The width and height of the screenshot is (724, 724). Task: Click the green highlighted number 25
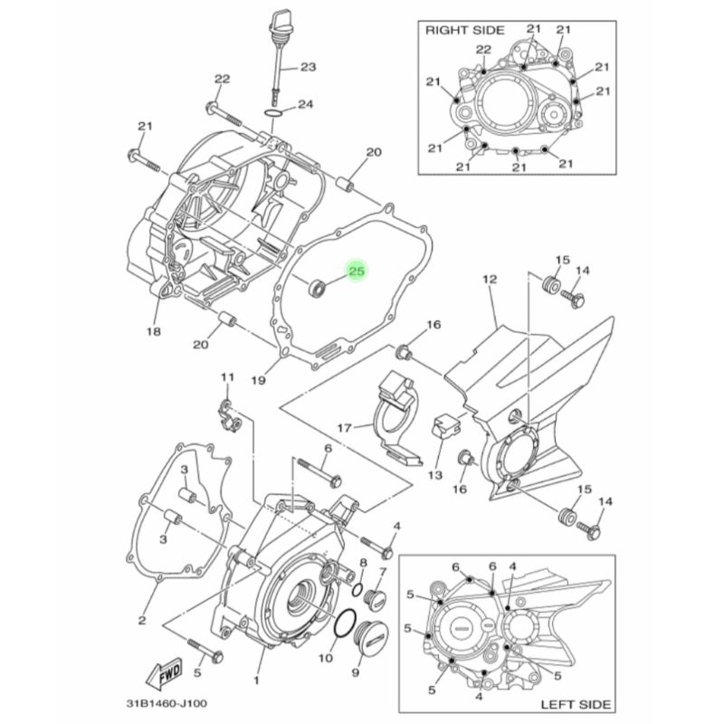[x=357, y=271]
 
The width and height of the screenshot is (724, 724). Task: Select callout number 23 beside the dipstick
[x=308, y=67]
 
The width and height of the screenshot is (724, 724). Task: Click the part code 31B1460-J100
[x=167, y=704]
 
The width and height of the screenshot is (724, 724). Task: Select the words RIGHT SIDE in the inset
[x=465, y=31]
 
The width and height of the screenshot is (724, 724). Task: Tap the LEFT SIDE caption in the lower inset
[x=576, y=705]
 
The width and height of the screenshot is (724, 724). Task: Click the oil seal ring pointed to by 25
[x=317, y=288]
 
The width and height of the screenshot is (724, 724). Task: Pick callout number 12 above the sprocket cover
[x=490, y=280]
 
